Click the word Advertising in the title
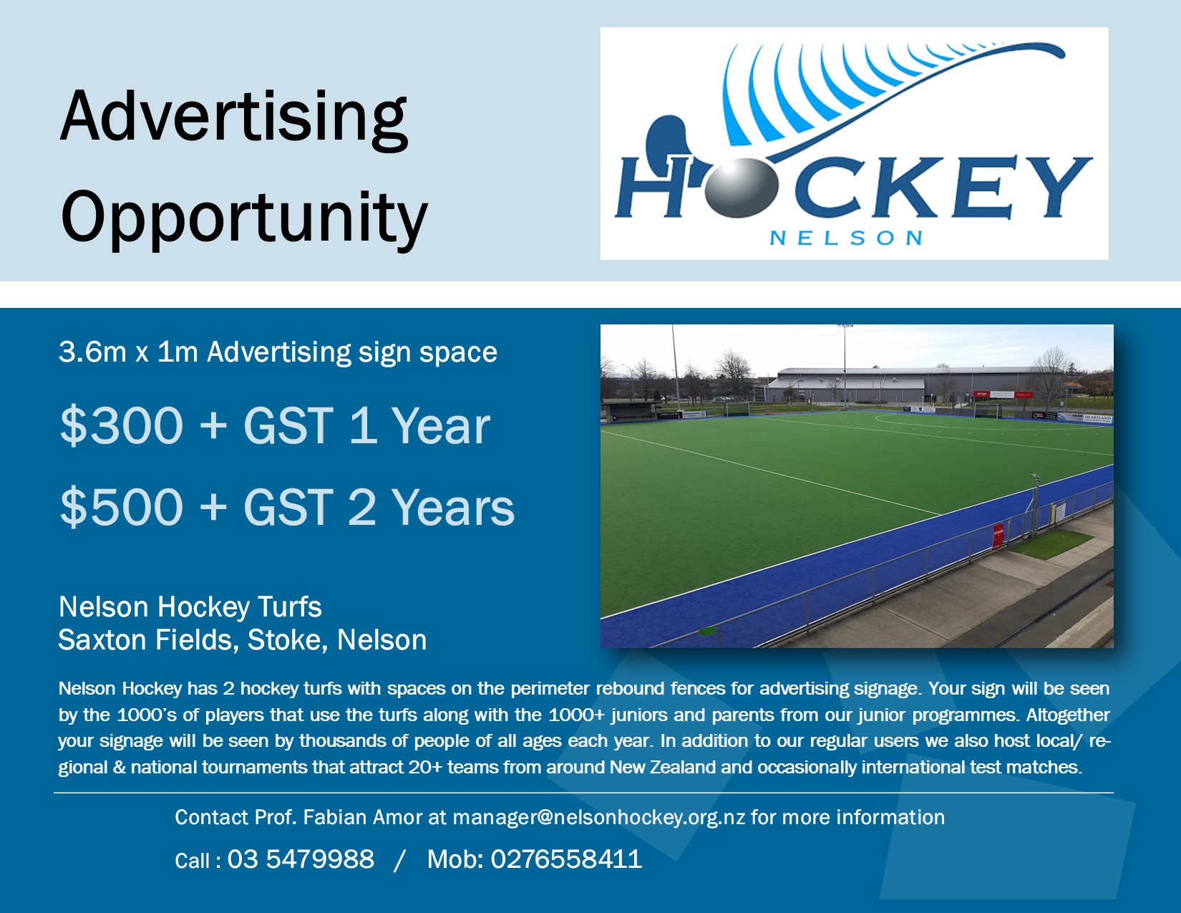234,120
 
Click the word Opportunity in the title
244,218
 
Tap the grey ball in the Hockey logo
742,188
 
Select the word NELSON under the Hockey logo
846,238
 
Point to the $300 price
122,426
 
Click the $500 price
122,508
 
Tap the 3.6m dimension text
92,352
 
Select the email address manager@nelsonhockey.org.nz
599,817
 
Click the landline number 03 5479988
301,859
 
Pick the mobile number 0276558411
566,859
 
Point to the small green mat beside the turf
1051,544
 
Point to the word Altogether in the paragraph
1067,715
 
